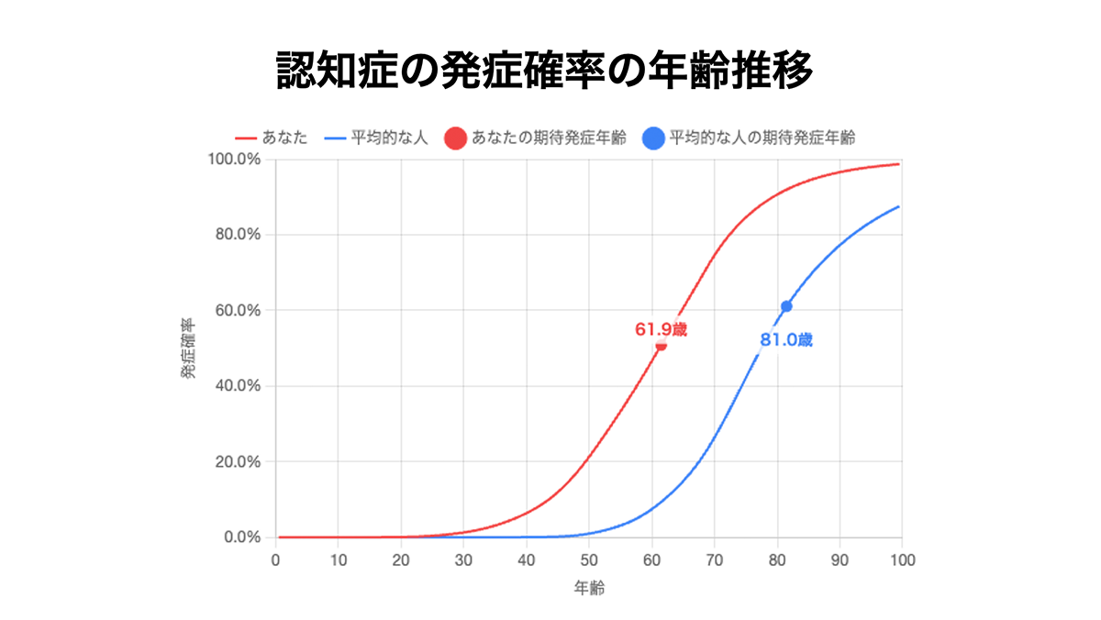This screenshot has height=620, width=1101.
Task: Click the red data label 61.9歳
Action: coord(661,329)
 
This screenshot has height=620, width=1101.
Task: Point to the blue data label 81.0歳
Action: coord(786,340)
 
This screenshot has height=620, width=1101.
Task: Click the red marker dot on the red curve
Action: coord(661,345)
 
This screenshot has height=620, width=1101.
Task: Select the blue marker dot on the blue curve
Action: coord(786,306)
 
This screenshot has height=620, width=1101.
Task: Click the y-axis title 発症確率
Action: coord(188,348)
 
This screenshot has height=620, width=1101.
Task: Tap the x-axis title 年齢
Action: coord(589,587)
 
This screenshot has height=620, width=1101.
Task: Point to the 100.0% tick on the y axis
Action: coord(236,160)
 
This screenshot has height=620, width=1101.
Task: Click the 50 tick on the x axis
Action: coord(589,559)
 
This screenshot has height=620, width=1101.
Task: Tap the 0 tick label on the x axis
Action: coord(276,559)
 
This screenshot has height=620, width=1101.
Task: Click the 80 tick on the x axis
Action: coord(777,559)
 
